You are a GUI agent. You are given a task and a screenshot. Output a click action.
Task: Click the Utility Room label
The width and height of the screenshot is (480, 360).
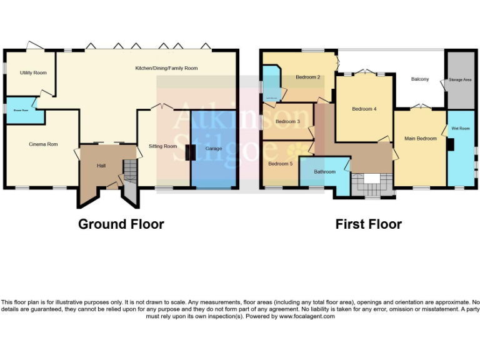[33, 73]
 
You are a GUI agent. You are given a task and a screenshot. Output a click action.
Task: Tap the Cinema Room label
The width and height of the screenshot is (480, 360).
[43, 144]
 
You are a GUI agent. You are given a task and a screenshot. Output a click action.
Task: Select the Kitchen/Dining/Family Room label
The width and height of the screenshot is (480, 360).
[166, 68]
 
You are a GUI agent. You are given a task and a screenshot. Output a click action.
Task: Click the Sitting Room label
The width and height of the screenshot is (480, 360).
[162, 146]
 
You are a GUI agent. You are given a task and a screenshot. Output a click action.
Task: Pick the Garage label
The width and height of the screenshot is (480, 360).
[213, 149]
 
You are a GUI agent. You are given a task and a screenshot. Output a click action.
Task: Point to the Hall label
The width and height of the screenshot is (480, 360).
[101, 166]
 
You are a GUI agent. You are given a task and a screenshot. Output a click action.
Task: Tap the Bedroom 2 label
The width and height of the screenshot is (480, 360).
[307, 77]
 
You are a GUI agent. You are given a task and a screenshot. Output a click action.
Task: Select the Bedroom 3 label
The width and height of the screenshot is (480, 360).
[287, 121]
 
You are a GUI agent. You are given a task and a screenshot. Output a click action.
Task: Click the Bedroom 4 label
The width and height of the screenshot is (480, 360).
[364, 109]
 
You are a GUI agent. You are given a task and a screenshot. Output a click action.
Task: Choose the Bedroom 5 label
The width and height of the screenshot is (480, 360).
[280, 164]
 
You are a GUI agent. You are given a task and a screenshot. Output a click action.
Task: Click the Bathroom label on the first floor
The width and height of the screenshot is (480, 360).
[325, 171]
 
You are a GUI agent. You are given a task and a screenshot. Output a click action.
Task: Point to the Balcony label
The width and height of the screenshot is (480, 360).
[419, 79]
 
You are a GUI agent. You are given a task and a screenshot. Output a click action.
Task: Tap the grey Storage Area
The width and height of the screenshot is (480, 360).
[460, 80]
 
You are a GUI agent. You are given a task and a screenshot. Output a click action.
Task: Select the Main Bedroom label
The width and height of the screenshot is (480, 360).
[420, 138]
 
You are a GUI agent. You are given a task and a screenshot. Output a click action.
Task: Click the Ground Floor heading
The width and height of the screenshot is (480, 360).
[121, 224]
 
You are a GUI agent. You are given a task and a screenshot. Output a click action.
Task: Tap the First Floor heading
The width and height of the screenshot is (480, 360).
[368, 224]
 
